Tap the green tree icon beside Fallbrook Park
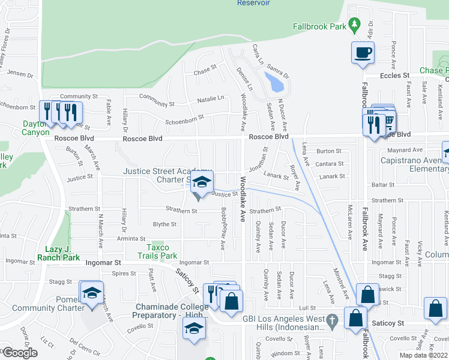355,25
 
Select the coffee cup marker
362,53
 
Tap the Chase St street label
205,70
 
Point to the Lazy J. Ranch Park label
62,253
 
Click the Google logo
19,353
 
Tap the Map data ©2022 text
423,355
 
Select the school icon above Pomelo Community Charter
91,293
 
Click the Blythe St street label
164,224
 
